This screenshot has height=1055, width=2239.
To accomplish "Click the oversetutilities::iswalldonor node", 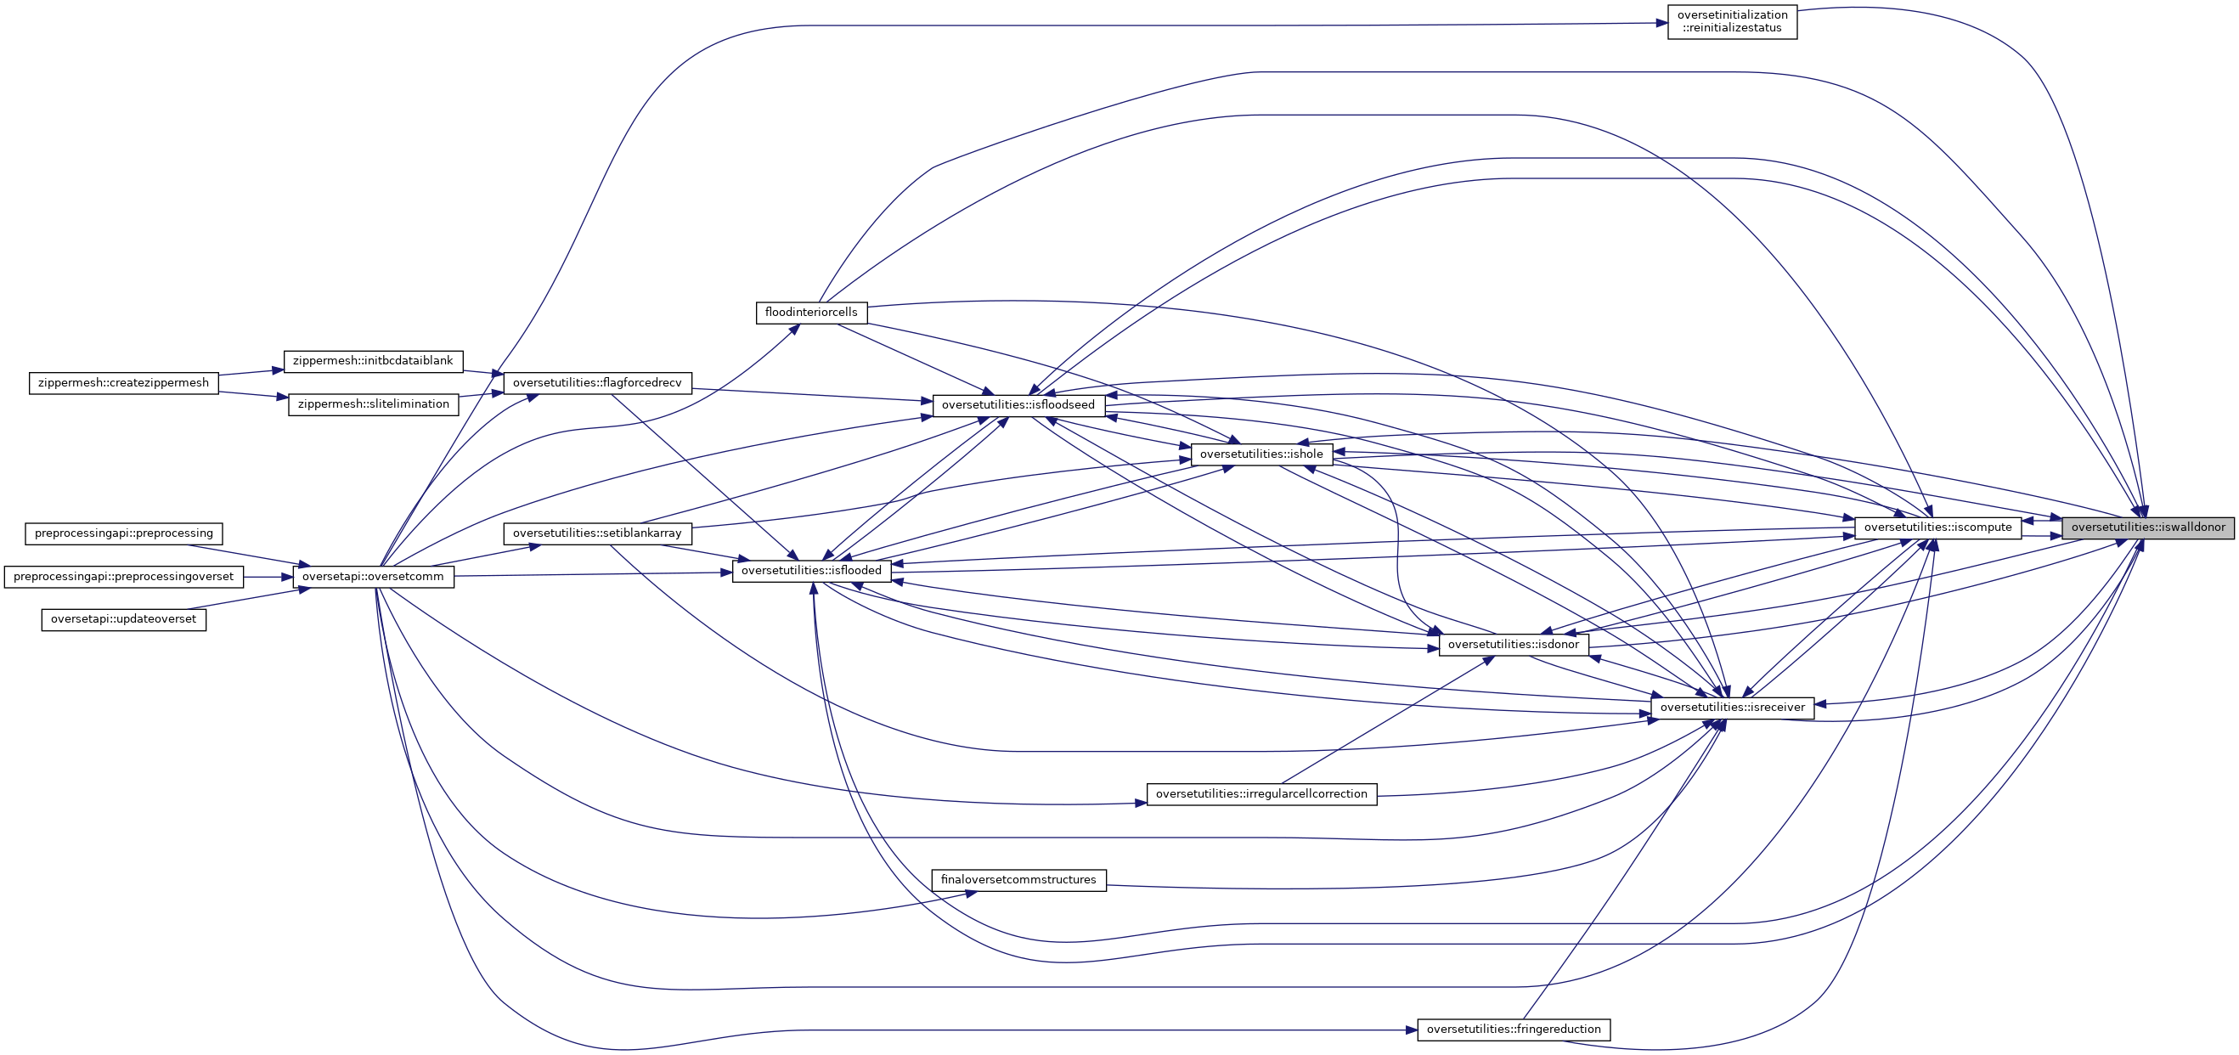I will pyautogui.click(x=2148, y=527).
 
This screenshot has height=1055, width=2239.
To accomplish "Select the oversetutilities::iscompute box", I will pyautogui.click(x=1937, y=527).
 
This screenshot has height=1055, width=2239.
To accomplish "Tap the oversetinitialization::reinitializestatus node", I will pyautogui.click(x=1731, y=22).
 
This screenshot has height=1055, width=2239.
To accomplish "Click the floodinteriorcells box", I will pyautogui.click(x=811, y=313).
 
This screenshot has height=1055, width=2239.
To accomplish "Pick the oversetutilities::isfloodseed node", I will pyautogui.click(x=1018, y=405).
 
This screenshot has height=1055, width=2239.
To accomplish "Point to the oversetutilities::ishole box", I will pyautogui.click(x=1261, y=454).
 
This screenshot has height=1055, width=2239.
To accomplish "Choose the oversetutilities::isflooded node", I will pyautogui.click(x=811, y=571).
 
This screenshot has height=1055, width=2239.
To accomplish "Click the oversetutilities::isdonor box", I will pyautogui.click(x=1514, y=645).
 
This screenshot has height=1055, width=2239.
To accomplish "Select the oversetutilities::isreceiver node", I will pyautogui.click(x=1731, y=708).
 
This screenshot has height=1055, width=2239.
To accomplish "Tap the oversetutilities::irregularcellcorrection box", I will pyautogui.click(x=1261, y=794).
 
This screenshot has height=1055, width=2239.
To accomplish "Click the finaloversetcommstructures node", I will pyautogui.click(x=1018, y=880).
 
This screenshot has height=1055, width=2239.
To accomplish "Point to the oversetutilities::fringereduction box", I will pyautogui.click(x=1514, y=1030).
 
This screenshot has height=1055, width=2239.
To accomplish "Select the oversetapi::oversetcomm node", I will pyautogui.click(x=373, y=577).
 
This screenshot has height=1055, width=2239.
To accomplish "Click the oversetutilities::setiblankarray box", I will pyautogui.click(x=597, y=533).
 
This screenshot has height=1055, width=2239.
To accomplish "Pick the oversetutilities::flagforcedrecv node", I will pyautogui.click(x=597, y=383).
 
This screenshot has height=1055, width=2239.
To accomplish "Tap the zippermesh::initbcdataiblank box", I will pyautogui.click(x=373, y=362).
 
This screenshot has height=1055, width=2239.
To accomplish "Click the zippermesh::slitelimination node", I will pyautogui.click(x=373, y=405).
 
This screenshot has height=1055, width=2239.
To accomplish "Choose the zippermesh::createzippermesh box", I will pyautogui.click(x=123, y=383).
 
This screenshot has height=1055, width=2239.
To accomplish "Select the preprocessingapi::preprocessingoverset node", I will pyautogui.click(x=123, y=577).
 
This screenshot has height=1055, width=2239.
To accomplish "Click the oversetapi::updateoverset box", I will pyautogui.click(x=123, y=619).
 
